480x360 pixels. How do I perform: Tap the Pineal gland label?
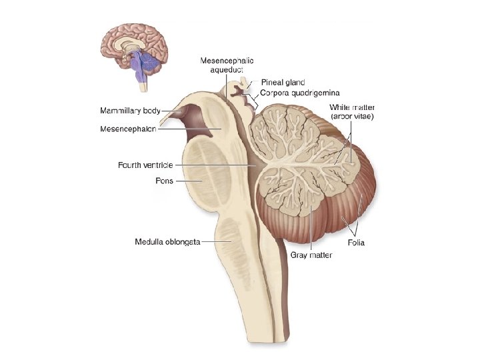pos(283,83)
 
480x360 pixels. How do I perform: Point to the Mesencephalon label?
pos(128,129)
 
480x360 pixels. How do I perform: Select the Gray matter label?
pos(311,255)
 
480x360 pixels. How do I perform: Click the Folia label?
pos(355,243)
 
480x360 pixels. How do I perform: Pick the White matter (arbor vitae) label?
pos(353,111)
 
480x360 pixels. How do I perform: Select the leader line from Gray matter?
pos(311,227)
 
